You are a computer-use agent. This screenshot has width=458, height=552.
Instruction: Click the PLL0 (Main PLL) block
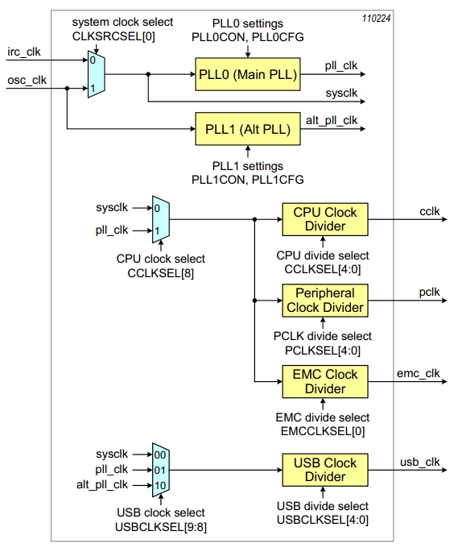247,75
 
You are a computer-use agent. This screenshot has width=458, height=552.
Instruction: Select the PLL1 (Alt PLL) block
247,129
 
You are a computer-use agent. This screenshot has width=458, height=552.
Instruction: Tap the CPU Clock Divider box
324,219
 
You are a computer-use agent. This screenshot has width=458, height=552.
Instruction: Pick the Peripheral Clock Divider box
324,299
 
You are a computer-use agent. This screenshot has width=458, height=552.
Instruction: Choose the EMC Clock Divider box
324,381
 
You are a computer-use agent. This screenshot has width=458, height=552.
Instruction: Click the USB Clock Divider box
324,469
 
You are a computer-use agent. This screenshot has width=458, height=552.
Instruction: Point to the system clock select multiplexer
96,73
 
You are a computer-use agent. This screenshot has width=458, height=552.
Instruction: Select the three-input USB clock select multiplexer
161,469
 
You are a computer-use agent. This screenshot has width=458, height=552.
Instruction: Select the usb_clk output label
419,461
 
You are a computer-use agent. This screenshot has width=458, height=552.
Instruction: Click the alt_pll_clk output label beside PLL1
332,120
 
